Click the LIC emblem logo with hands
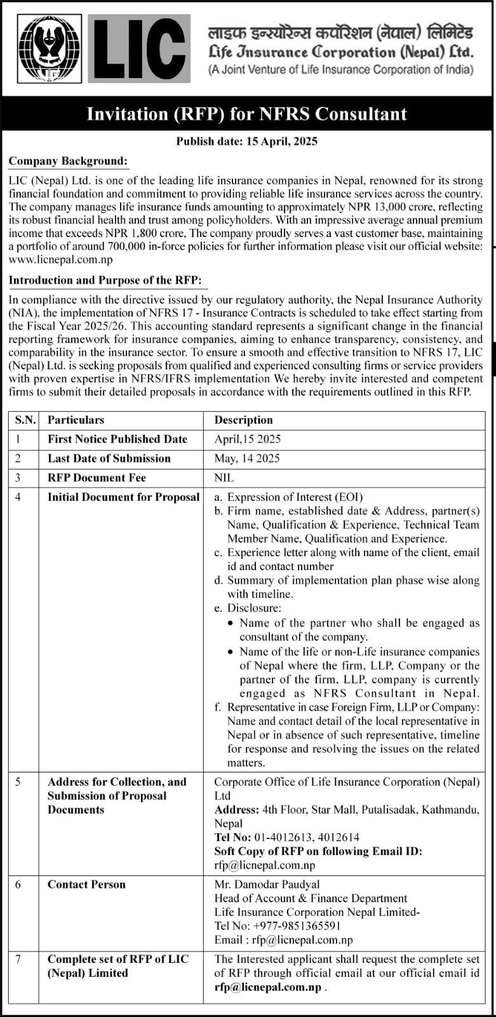tap(49, 49)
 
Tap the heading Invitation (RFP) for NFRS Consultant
tap(246, 114)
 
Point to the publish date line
tap(246, 141)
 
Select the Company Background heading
tap(68, 161)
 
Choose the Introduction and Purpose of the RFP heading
tap(105, 280)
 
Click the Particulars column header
tap(76, 420)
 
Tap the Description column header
tap(243, 420)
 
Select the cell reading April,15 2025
tap(248, 439)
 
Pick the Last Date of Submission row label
tap(109, 458)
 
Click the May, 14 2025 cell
tap(247, 458)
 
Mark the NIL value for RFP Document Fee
tap(224, 477)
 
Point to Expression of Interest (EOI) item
tap(295, 497)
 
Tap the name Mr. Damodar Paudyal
tap(267, 884)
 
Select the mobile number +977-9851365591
tap(297, 926)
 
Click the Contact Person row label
tap(86, 884)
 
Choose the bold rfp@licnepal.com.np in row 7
tap(268, 987)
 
